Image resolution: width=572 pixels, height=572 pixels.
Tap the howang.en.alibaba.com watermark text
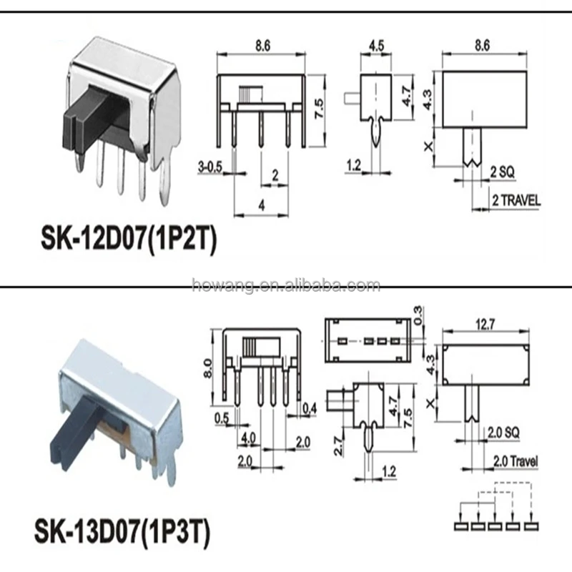coord(286,286)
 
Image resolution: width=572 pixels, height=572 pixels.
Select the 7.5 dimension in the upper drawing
coord(319,111)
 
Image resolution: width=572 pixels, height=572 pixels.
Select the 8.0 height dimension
coord(208,369)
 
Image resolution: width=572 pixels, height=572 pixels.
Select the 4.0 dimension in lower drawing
coord(250,435)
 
